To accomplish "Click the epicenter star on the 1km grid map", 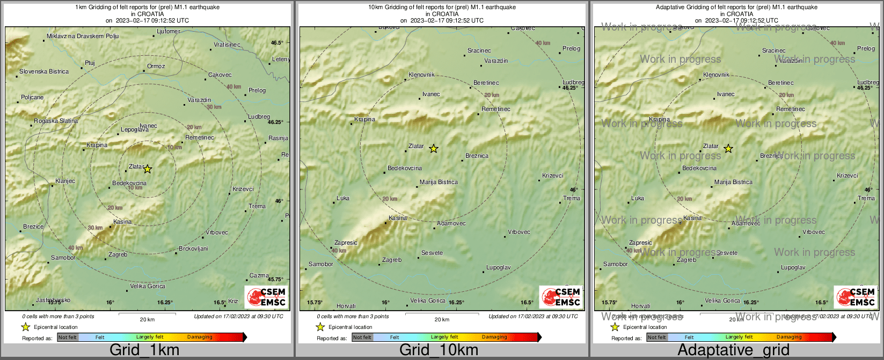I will pos(148,169).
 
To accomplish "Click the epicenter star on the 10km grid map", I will pos(434,149).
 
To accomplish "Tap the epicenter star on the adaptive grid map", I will pos(728,149).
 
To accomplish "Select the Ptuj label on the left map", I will pos(90,63).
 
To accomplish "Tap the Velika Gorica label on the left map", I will pos(148,286).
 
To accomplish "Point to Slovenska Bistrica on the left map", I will pos(44,71).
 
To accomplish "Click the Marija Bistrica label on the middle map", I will pos(439,182).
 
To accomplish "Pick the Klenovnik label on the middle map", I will pos(421,75).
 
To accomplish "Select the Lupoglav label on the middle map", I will pos(498,267).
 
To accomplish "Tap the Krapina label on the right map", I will pos(659,120).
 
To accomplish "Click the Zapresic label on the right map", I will pos(640,243).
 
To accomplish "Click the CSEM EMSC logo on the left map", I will pos(266,297).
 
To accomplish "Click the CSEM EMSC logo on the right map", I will pos(856,297).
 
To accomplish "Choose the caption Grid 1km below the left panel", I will pos(144,350).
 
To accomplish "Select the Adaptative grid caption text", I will pos(733,350).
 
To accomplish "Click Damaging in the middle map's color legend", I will pos(494,337).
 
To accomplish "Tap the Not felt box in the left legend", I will pos(68,337).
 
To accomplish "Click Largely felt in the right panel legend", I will pos(739,337).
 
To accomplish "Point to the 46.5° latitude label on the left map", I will pos(277,43).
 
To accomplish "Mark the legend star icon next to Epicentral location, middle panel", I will pos(320,327).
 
